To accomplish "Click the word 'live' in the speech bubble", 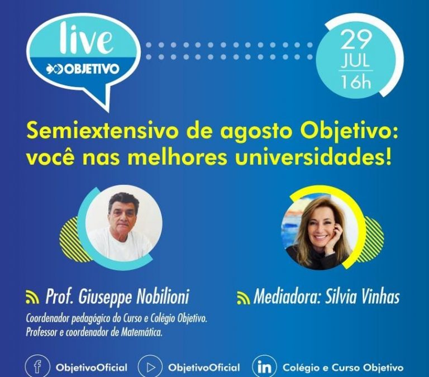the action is pos(86,39).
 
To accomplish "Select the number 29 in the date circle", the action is pos(356,40).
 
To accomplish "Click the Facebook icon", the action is pos(37,367).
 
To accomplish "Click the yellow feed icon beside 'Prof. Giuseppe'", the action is pos(32,297).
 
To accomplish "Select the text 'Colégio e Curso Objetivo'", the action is pos(343,368).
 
